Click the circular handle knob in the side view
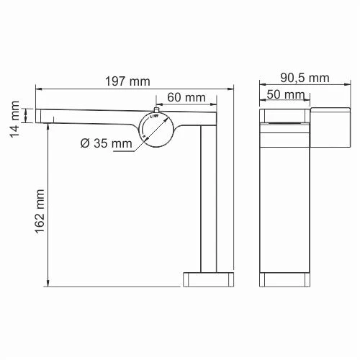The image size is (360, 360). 156,129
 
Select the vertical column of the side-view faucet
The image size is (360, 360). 208,194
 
